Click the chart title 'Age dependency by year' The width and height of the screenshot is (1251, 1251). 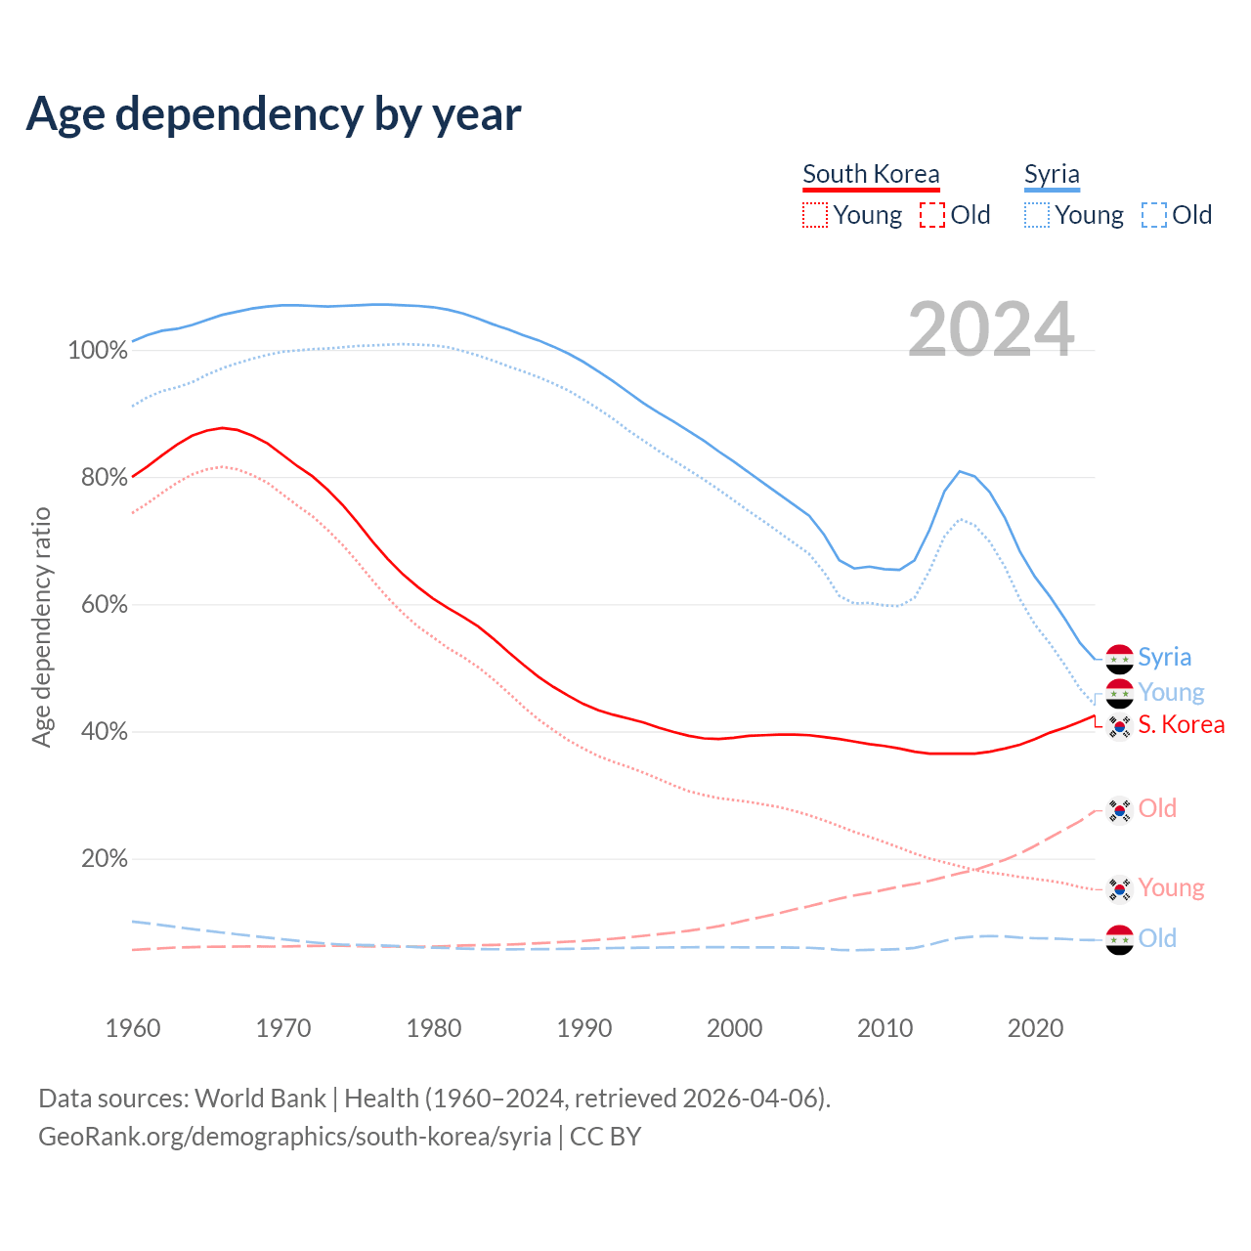click(274, 114)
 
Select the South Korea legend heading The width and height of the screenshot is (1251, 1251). click(871, 175)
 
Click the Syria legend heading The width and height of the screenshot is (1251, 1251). click(1052, 175)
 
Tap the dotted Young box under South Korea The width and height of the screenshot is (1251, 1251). click(815, 215)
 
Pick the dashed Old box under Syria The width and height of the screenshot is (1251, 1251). click(1154, 215)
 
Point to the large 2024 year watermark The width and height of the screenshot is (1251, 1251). click(991, 329)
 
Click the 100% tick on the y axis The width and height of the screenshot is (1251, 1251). click(98, 351)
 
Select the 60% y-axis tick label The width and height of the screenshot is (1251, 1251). click(104, 605)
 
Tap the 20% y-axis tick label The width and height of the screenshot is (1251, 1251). click(104, 859)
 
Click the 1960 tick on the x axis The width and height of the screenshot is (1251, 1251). click(133, 1028)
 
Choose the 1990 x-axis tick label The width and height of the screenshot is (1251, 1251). click(584, 1028)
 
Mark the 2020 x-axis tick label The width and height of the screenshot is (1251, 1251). click(1036, 1028)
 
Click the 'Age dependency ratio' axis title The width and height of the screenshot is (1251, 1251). click(41, 626)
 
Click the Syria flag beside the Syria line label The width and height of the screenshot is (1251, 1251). click(1119, 659)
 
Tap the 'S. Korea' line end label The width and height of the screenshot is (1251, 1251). click(1181, 725)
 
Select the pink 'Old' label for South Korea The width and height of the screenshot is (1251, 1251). click(1157, 809)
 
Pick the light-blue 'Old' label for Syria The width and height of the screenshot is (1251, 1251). click(1157, 939)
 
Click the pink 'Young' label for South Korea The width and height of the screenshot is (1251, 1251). click(1171, 888)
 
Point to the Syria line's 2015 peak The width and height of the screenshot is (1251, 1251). click(960, 471)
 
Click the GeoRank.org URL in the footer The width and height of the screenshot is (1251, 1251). click(294, 1137)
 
